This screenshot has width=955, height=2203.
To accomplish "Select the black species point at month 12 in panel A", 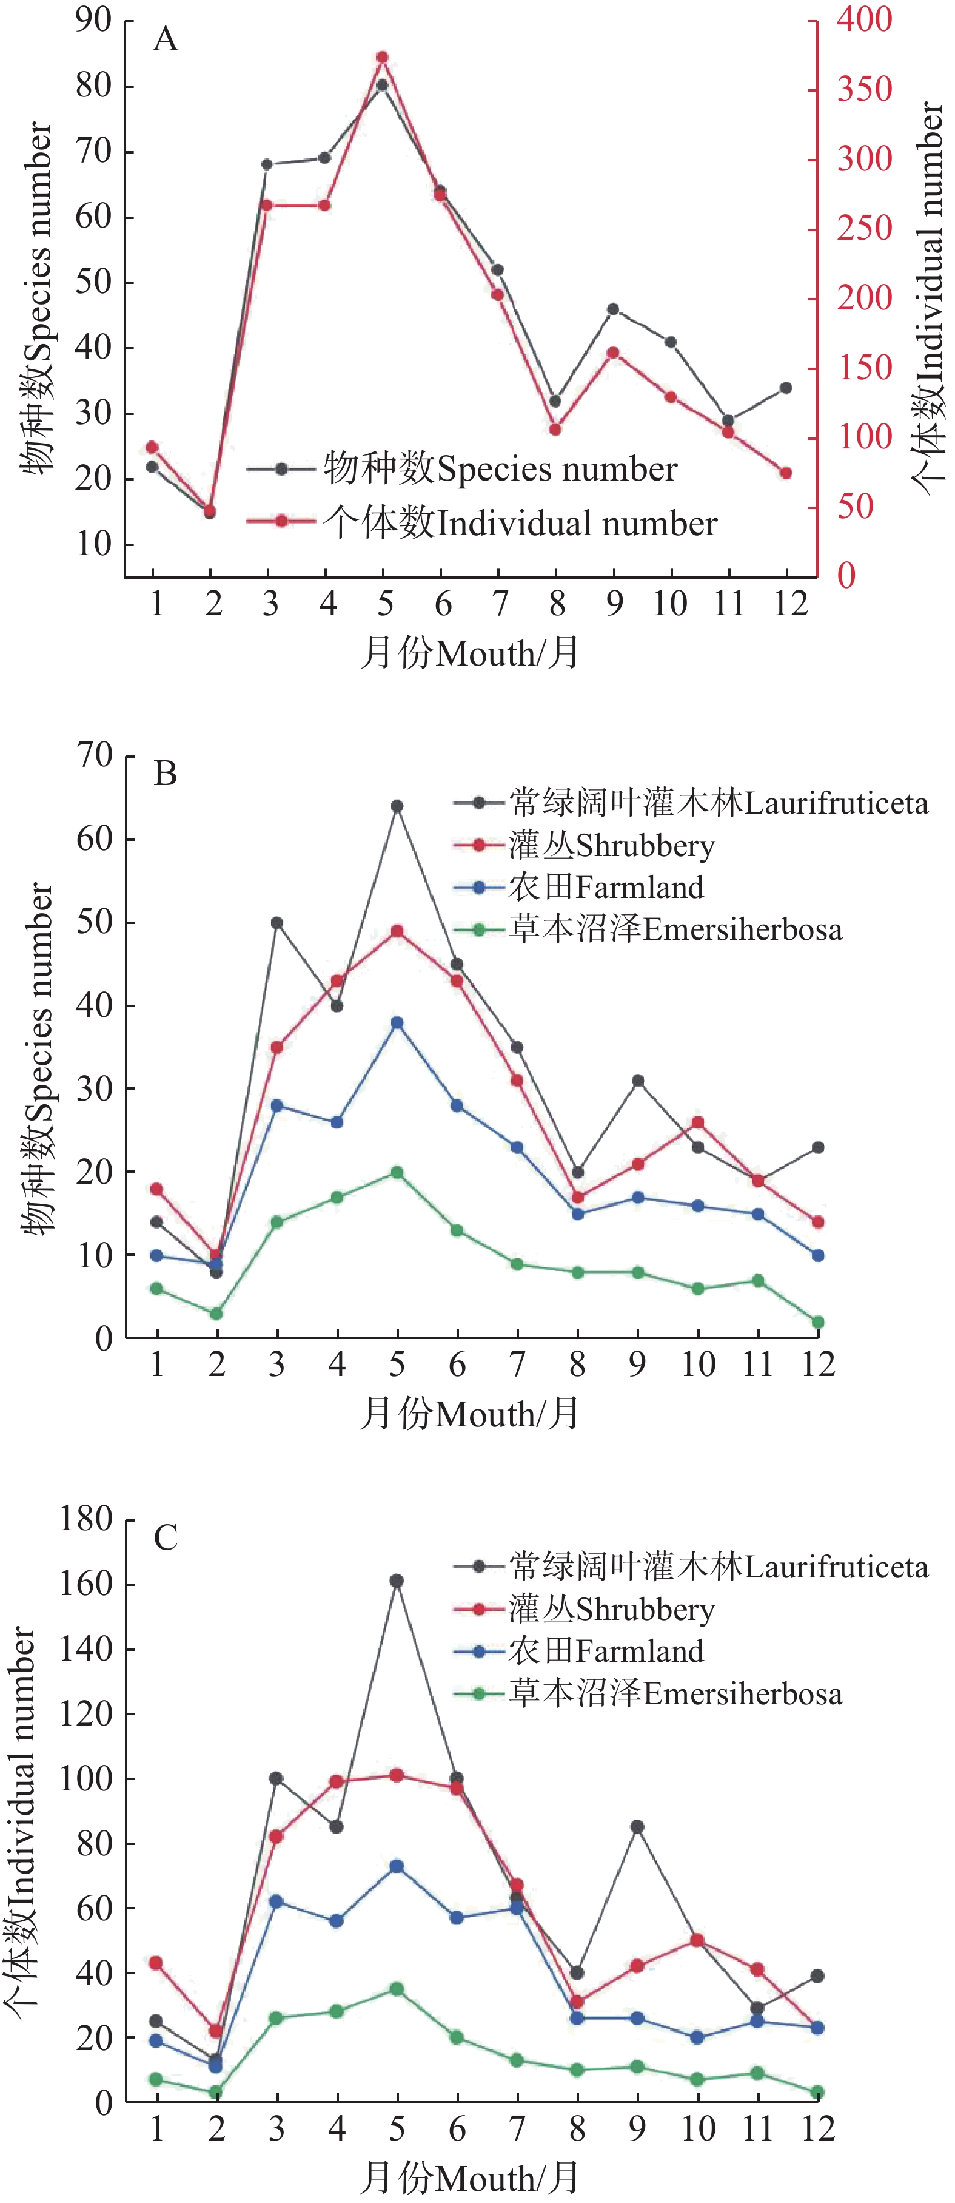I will click(786, 388).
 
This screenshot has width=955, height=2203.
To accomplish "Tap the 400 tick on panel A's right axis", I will click(863, 19).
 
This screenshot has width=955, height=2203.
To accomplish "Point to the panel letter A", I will click(165, 39).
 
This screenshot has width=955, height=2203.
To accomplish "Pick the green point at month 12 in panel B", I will click(818, 1322).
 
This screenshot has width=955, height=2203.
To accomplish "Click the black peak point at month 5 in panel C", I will click(397, 1581).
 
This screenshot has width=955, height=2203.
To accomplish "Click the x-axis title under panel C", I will click(469, 2178).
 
